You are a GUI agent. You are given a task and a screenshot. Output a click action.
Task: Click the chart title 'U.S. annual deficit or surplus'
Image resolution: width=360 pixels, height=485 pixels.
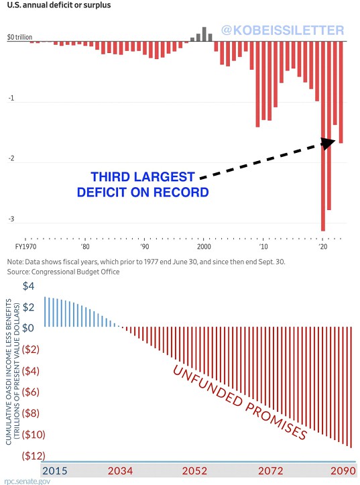click(59, 5)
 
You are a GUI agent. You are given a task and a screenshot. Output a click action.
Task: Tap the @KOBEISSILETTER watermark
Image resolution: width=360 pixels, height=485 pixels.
click(283, 30)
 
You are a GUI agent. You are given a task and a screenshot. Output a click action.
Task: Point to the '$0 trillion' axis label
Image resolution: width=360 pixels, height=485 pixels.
click(20, 37)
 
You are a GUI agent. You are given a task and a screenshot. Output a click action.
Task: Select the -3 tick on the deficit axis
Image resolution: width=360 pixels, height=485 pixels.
click(11, 219)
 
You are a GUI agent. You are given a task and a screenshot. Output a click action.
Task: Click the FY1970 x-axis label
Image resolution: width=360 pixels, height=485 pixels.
click(25, 246)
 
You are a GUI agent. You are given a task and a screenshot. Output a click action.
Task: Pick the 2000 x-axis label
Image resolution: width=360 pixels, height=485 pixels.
click(204, 246)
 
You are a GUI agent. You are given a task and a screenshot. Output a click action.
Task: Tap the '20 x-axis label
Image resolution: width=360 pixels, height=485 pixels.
click(323, 246)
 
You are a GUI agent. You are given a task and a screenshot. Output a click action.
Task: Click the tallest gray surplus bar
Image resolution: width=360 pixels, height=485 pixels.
click(204, 34)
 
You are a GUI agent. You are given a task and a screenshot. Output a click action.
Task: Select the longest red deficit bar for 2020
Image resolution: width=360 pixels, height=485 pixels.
click(323, 136)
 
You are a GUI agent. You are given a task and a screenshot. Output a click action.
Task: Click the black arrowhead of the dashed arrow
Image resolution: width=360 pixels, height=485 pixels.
click(328, 144)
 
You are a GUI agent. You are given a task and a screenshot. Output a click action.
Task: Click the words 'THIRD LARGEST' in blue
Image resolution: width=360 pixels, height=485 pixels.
click(143, 177)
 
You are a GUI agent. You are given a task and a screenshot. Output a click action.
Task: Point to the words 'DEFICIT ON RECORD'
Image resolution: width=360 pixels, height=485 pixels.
click(143, 192)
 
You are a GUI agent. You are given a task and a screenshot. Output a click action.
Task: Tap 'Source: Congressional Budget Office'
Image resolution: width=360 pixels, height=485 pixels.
click(63, 272)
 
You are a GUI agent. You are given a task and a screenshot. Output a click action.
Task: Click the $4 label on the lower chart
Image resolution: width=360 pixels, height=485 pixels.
click(28, 286)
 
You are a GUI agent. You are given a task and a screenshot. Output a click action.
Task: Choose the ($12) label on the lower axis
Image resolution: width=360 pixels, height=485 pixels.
click(34, 455)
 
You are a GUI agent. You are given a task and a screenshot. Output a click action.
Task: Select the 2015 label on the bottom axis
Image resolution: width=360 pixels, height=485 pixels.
click(55, 471)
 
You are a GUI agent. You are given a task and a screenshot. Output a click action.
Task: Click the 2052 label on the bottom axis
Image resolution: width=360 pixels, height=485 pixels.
click(194, 471)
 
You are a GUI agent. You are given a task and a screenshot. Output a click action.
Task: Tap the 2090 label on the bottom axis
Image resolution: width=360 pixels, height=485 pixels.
click(343, 471)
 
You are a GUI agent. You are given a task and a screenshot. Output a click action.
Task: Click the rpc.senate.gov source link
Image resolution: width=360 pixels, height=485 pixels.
click(27, 481)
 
